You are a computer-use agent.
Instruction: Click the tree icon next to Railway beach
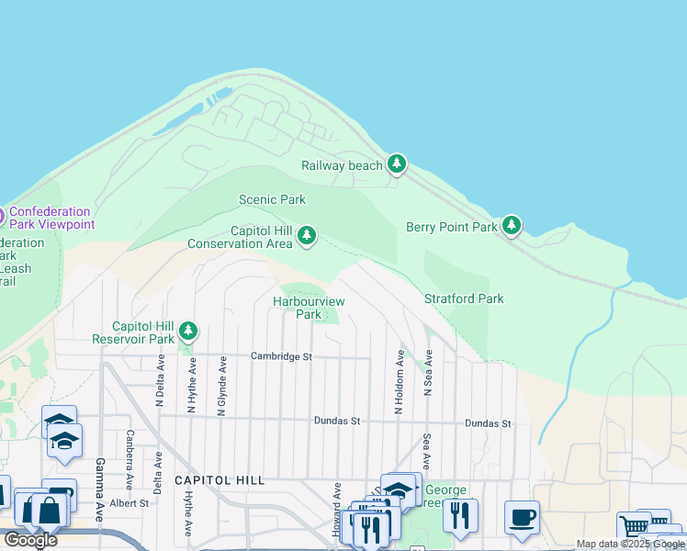click(x=396, y=164)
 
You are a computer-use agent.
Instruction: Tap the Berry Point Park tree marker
click(x=512, y=226)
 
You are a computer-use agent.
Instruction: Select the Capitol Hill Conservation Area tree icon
click(x=307, y=237)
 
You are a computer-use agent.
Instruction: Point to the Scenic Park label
click(x=272, y=199)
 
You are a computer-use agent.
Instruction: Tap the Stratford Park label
click(x=464, y=298)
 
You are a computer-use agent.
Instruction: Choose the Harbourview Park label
click(x=308, y=308)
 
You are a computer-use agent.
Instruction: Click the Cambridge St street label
click(x=282, y=356)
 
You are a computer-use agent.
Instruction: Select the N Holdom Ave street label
click(x=400, y=381)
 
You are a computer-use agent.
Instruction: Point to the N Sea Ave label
click(x=428, y=373)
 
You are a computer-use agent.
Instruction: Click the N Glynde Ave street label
click(x=221, y=387)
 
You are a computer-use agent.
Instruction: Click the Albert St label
click(x=130, y=503)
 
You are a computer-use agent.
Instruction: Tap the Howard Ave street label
click(x=337, y=510)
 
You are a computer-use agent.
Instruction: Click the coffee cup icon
click(x=522, y=517)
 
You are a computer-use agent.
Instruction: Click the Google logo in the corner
click(x=29, y=540)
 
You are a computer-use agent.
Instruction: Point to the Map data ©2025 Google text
click(x=631, y=544)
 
